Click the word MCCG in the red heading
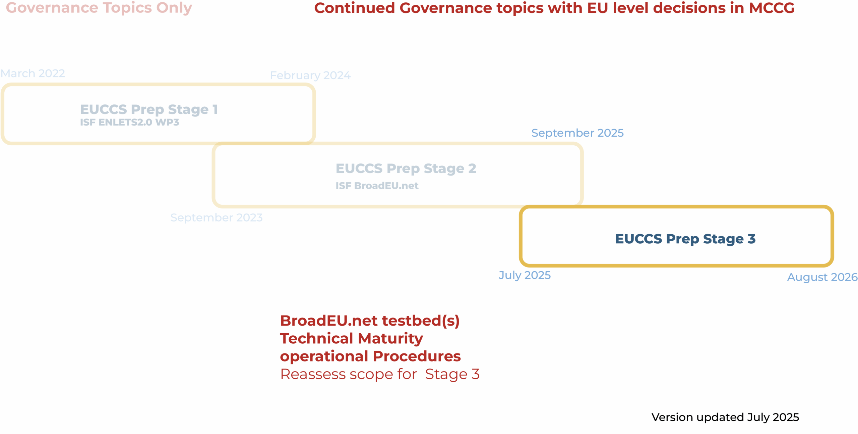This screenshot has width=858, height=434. click(772, 8)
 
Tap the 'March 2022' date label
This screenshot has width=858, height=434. click(33, 73)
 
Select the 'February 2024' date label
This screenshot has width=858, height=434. click(310, 76)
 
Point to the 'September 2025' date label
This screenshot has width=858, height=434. click(577, 133)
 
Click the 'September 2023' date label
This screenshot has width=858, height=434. click(217, 218)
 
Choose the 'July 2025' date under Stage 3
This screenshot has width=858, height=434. click(525, 275)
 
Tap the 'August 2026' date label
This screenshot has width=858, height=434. click(822, 277)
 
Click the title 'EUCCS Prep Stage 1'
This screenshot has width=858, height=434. click(149, 110)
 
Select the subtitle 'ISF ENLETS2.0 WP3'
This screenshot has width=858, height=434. click(129, 123)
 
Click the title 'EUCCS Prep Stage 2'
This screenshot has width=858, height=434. click(406, 169)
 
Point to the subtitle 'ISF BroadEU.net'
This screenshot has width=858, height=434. click(377, 186)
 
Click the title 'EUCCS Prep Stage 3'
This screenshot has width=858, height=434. click(685, 239)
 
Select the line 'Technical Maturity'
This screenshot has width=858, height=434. click(352, 339)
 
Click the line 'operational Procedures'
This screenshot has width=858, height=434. click(370, 356)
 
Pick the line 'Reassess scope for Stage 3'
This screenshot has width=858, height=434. click(380, 374)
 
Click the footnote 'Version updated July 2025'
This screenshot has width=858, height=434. click(725, 417)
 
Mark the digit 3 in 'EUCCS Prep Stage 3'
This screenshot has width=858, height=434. click(751, 239)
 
